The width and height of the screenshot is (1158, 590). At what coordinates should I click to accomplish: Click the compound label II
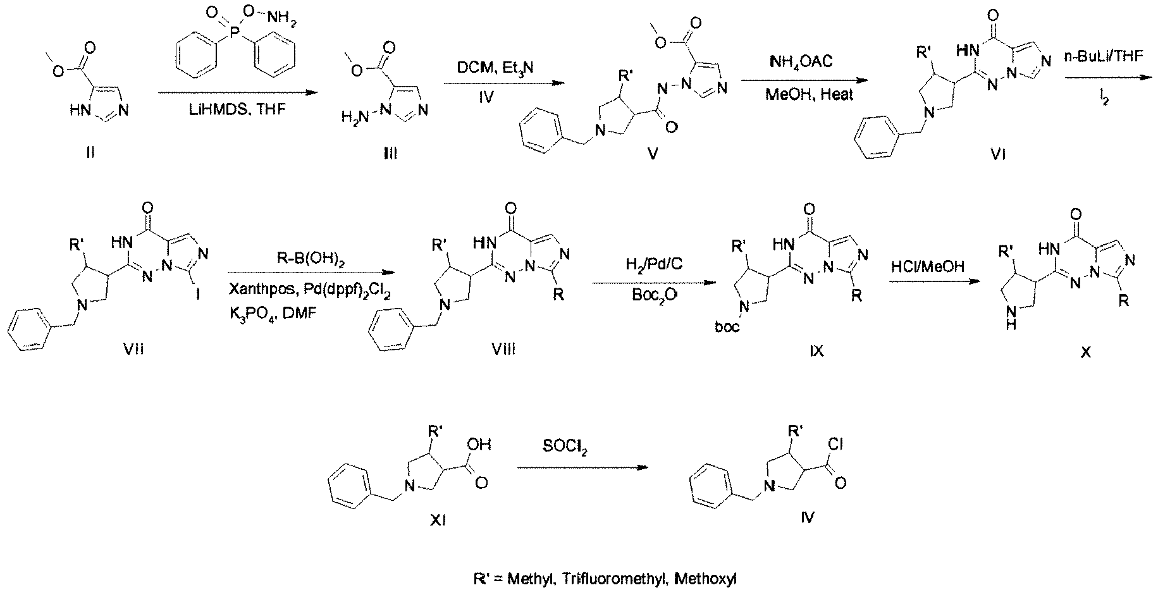point(90,152)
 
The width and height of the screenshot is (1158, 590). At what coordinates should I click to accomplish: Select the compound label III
point(390,152)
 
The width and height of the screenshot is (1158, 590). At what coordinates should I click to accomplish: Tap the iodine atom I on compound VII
point(198,310)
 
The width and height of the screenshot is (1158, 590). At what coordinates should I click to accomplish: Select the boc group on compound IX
point(726,327)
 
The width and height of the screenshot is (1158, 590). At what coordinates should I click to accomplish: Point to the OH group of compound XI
point(484,445)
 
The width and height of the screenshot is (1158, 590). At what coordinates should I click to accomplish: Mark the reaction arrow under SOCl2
point(582,468)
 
